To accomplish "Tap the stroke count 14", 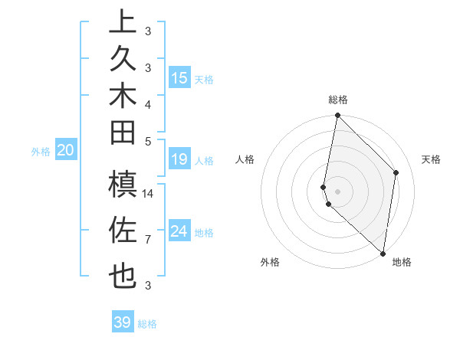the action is tap(149, 193).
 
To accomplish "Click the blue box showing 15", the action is tap(179, 77).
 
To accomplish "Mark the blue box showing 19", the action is tap(179, 159).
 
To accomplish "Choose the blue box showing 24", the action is tap(179, 231).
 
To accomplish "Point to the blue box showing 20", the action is tap(66, 151).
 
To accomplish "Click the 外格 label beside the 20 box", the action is tap(41, 152).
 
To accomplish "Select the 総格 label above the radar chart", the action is tap(338, 100).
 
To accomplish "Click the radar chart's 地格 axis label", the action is tap(402, 262).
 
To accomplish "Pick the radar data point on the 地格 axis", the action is tap(383, 254).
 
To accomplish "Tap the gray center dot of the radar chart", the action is tap(338, 191).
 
